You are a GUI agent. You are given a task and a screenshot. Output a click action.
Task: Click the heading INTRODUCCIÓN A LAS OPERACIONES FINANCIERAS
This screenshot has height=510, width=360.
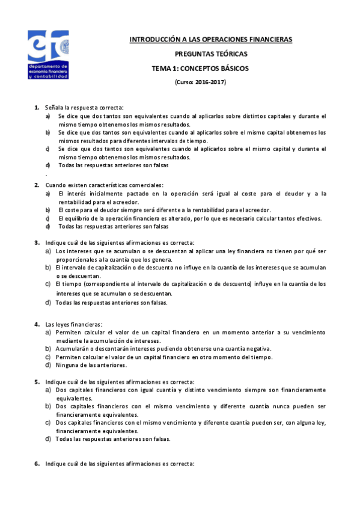click(x=211, y=40)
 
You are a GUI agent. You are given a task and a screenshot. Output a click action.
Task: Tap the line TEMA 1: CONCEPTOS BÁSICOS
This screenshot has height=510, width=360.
click(x=200, y=69)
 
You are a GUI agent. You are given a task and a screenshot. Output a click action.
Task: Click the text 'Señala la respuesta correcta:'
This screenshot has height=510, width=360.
click(x=84, y=107)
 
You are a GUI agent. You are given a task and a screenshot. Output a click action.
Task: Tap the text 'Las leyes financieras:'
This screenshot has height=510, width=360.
click(x=74, y=324)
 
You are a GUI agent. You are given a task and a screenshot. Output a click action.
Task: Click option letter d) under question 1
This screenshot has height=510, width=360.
click(x=48, y=165)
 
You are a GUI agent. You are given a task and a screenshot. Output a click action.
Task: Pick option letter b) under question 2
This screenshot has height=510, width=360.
click(x=48, y=210)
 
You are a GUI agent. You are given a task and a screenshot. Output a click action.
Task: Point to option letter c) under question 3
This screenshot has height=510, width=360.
click(x=48, y=283)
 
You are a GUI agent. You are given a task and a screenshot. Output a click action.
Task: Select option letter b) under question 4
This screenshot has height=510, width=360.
click(x=48, y=348)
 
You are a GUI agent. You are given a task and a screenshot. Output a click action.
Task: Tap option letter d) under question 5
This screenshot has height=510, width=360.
click(x=48, y=438)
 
